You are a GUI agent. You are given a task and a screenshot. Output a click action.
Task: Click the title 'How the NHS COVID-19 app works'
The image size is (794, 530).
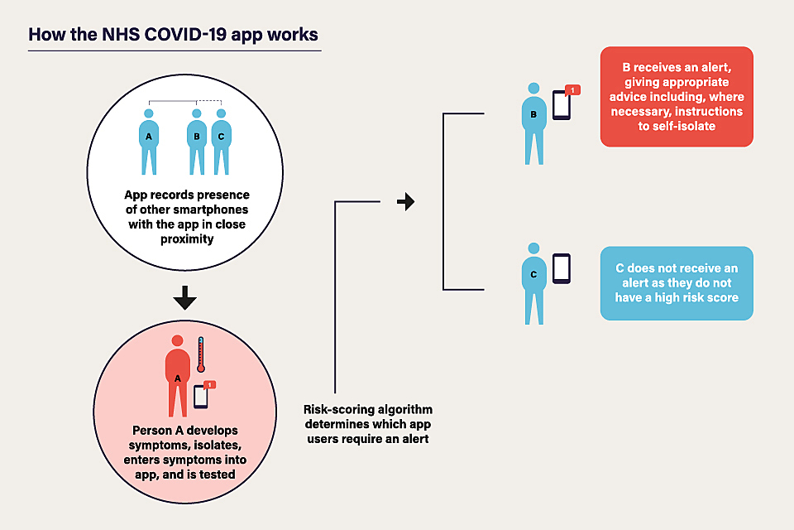tap(173, 36)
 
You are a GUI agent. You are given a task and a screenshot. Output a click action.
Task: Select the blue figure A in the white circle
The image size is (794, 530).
tap(149, 141)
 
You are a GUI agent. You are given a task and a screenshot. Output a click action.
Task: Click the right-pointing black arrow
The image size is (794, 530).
tap(405, 201)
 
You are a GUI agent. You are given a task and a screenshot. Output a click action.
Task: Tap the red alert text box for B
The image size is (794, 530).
tap(677, 97)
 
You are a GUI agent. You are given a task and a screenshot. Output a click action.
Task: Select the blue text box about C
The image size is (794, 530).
tap(677, 283)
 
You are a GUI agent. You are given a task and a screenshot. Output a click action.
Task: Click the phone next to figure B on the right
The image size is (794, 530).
tap(562, 106)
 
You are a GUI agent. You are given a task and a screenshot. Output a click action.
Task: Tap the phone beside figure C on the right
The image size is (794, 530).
tap(562, 268)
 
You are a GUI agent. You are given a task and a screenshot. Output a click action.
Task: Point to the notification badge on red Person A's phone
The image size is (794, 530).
tap(209, 385)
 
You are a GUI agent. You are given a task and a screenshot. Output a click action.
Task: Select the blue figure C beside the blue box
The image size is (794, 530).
tap(533, 283)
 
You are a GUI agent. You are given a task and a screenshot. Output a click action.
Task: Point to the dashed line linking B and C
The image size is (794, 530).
tap(208, 102)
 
